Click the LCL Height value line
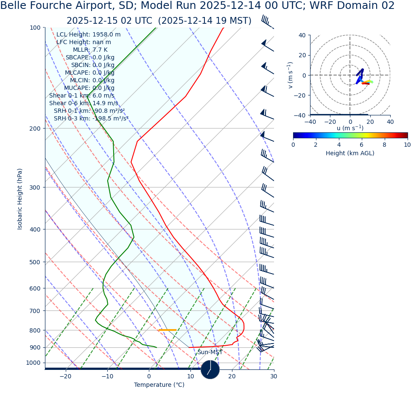(88, 35)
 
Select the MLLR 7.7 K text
(90, 50)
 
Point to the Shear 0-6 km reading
(84, 103)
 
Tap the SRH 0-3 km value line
(91, 119)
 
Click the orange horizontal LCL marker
(167, 330)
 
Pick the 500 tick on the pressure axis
(35, 262)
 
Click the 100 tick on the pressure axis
(35, 28)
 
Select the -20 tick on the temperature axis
(65, 377)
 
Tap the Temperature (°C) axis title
(159, 385)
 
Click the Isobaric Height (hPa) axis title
(20, 199)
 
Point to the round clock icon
(210, 369)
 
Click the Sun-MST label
(210, 352)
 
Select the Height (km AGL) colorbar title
(350, 154)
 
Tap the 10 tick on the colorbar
(407, 145)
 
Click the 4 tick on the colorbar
(339, 145)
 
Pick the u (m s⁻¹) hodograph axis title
(350, 128)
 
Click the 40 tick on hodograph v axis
(302, 35)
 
